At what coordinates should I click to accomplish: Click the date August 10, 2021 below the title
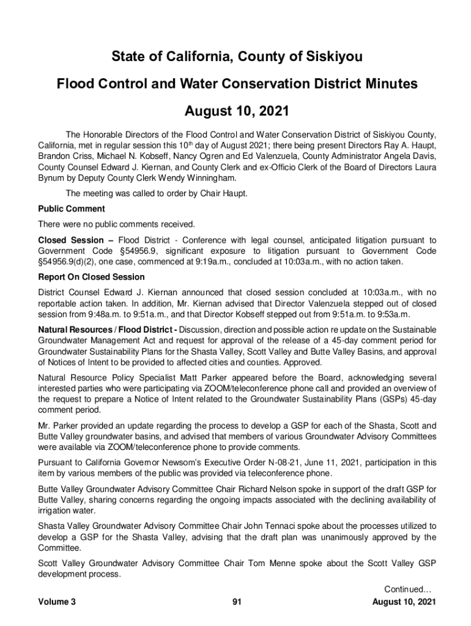pyautogui.click(x=237, y=112)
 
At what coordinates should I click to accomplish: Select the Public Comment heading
pyautogui.click(x=71, y=209)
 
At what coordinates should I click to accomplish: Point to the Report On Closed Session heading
pyautogui.click(x=91, y=277)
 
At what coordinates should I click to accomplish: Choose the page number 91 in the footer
pyautogui.click(x=237, y=602)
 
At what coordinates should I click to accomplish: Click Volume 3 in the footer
pyautogui.click(x=57, y=602)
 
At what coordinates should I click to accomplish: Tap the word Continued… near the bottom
pyautogui.click(x=408, y=589)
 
